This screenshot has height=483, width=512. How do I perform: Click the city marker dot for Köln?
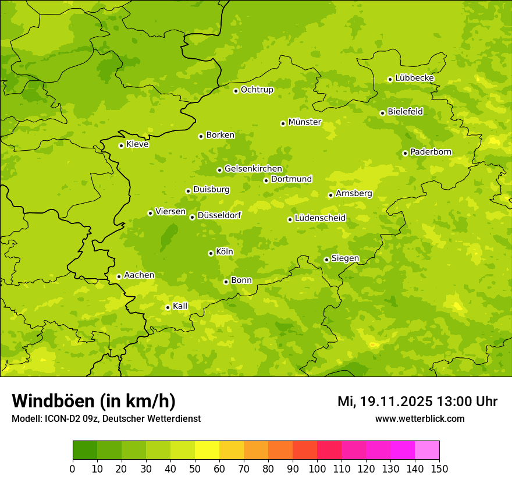211,253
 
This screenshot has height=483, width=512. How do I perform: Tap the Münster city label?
304,122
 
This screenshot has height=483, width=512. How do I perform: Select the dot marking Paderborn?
405,153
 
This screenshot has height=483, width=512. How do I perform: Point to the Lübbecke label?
414,78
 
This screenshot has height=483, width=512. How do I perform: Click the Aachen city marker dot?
119,276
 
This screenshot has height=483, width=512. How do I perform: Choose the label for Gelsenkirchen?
253,169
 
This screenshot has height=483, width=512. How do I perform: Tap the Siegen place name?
345,258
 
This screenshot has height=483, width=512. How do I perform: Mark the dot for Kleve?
121,145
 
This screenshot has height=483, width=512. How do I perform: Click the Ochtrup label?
257,90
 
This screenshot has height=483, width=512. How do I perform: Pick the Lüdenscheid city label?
320,218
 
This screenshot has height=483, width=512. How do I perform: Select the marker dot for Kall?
168,307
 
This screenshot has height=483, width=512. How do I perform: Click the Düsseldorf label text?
219,215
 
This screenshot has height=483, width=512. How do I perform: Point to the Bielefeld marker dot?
382,113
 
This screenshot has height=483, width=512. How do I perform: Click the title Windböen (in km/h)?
93,401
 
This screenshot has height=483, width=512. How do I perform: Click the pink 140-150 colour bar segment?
427,450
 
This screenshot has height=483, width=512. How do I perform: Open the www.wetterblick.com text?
419,418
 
